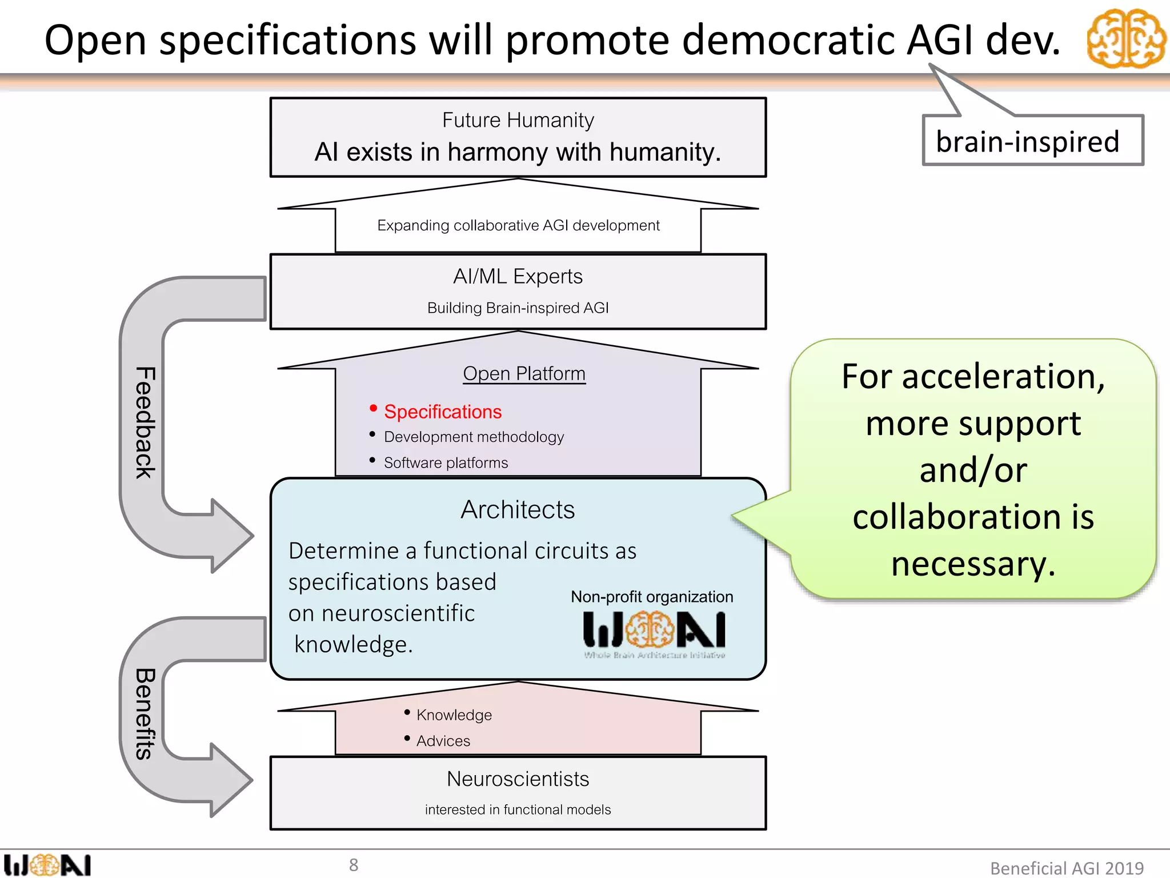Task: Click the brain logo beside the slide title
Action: pos(1126,39)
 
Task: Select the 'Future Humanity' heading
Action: pos(518,120)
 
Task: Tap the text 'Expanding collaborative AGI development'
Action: pos(518,226)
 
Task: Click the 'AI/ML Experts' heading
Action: pos(518,277)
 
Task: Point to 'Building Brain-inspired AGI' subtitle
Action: pos(518,308)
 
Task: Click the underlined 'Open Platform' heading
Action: pos(524,374)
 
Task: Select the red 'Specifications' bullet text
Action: pos(442,412)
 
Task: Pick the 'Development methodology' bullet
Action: pos(473,437)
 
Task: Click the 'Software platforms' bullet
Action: pos(446,463)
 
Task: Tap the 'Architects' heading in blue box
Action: pos(518,510)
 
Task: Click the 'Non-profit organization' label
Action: pos(652,597)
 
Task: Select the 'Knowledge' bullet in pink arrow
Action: pos(454,715)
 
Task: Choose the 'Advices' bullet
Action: pos(443,741)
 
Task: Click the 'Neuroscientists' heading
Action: pos(518,779)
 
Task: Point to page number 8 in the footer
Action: pos(354,865)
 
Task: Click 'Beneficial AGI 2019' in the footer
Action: pos(1067,868)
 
